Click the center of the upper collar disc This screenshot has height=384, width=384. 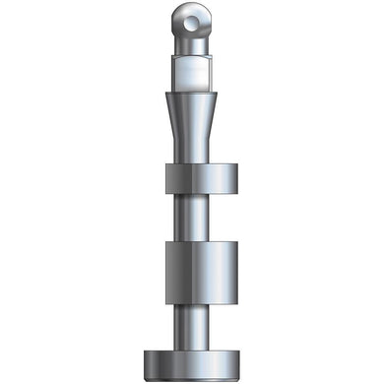tap(202, 181)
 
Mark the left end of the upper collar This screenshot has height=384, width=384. tap(166, 181)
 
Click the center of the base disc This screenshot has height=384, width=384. tap(193, 362)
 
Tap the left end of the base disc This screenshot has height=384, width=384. tap(145, 362)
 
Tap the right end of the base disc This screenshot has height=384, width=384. tap(241, 362)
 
